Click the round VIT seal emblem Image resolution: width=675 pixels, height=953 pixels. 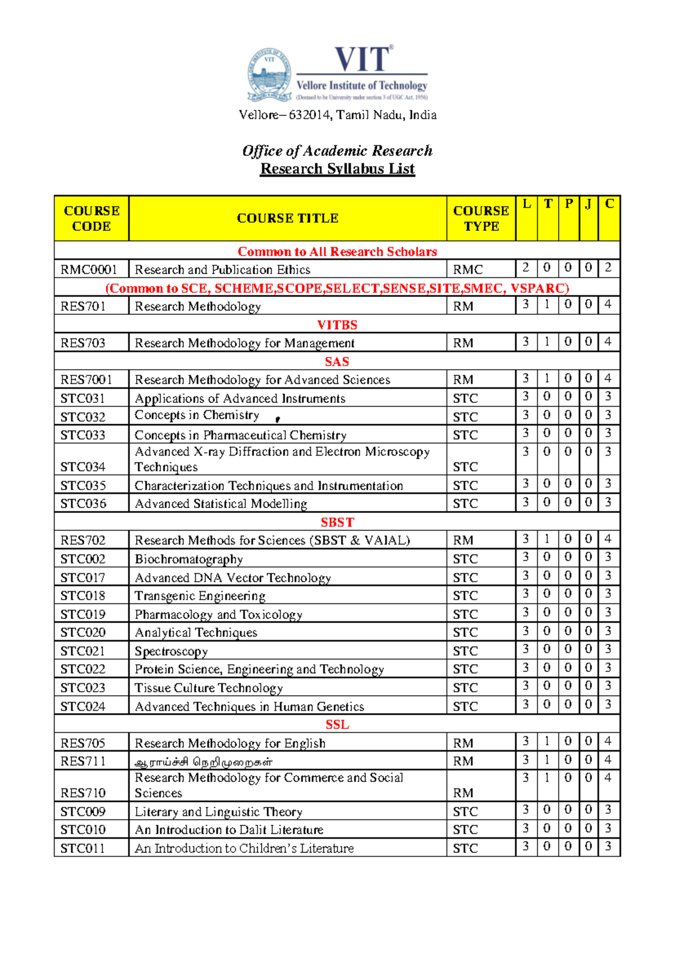click(269, 75)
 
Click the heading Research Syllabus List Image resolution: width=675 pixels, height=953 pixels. click(337, 169)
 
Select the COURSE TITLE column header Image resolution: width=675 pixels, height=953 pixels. click(287, 218)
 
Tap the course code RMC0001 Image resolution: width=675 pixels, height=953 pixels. click(88, 270)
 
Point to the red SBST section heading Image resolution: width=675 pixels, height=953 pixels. click(337, 522)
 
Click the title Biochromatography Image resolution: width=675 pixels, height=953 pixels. click(188, 559)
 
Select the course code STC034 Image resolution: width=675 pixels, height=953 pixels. click(83, 467)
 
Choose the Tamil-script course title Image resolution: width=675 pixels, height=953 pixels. click(204, 762)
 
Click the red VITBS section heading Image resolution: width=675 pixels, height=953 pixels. click(337, 325)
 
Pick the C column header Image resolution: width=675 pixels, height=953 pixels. click(609, 204)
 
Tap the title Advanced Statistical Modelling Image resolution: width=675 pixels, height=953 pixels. click(220, 504)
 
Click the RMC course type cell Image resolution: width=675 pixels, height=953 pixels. click(467, 270)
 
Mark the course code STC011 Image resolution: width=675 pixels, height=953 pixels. click(83, 848)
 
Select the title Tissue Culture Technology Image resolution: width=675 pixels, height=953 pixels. click(208, 688)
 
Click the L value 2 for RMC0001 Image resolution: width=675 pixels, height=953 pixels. click(525, 267)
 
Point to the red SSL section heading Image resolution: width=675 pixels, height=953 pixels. click(337, 725)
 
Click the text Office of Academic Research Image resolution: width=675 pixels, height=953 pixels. click(337, 151)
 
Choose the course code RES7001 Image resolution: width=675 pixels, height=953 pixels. click(86, 380)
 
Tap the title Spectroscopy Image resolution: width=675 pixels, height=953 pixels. click(171, 651)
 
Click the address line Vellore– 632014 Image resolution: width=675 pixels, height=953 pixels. click(337, 115)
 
